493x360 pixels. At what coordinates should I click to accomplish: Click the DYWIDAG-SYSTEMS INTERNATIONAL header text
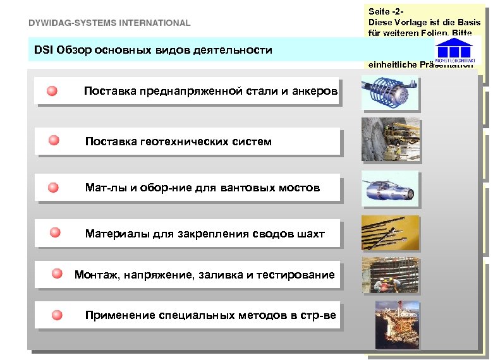click(x=109, y=23)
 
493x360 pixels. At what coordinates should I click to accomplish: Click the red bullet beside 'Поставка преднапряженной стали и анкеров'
click(x=52, y=91)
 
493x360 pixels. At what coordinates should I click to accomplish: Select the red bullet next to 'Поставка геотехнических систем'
click(x=54, y=140)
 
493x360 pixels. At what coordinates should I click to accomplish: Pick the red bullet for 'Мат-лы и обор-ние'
click(x=54, y=187)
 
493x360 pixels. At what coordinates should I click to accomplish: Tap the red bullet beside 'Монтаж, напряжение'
click(x=57, y=273)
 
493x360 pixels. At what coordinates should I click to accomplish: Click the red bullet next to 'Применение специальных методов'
click(x=58, y=315)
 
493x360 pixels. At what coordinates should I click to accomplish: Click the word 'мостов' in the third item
click(x=302, y=188)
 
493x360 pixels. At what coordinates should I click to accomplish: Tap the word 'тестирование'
click(x=299, y=275)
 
